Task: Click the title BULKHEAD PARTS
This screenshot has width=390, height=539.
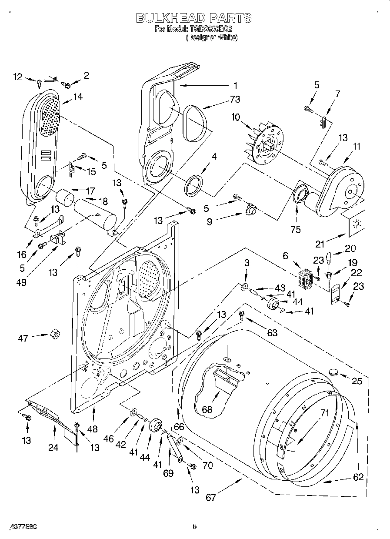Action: pos(194,18)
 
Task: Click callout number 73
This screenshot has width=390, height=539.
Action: pos(235,99)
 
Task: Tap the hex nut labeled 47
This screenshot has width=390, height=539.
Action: pos(55,334)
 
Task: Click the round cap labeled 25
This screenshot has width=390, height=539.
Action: pos(334,372)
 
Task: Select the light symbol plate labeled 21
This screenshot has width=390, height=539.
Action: pos(357,223)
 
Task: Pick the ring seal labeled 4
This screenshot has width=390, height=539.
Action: pos(194,184)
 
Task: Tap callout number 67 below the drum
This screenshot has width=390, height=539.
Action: pos(211,497)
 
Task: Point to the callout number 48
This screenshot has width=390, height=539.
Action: pos(92,429)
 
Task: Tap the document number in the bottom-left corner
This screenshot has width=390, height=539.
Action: pos(21,527)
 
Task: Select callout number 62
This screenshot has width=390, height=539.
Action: pos(358,477)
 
